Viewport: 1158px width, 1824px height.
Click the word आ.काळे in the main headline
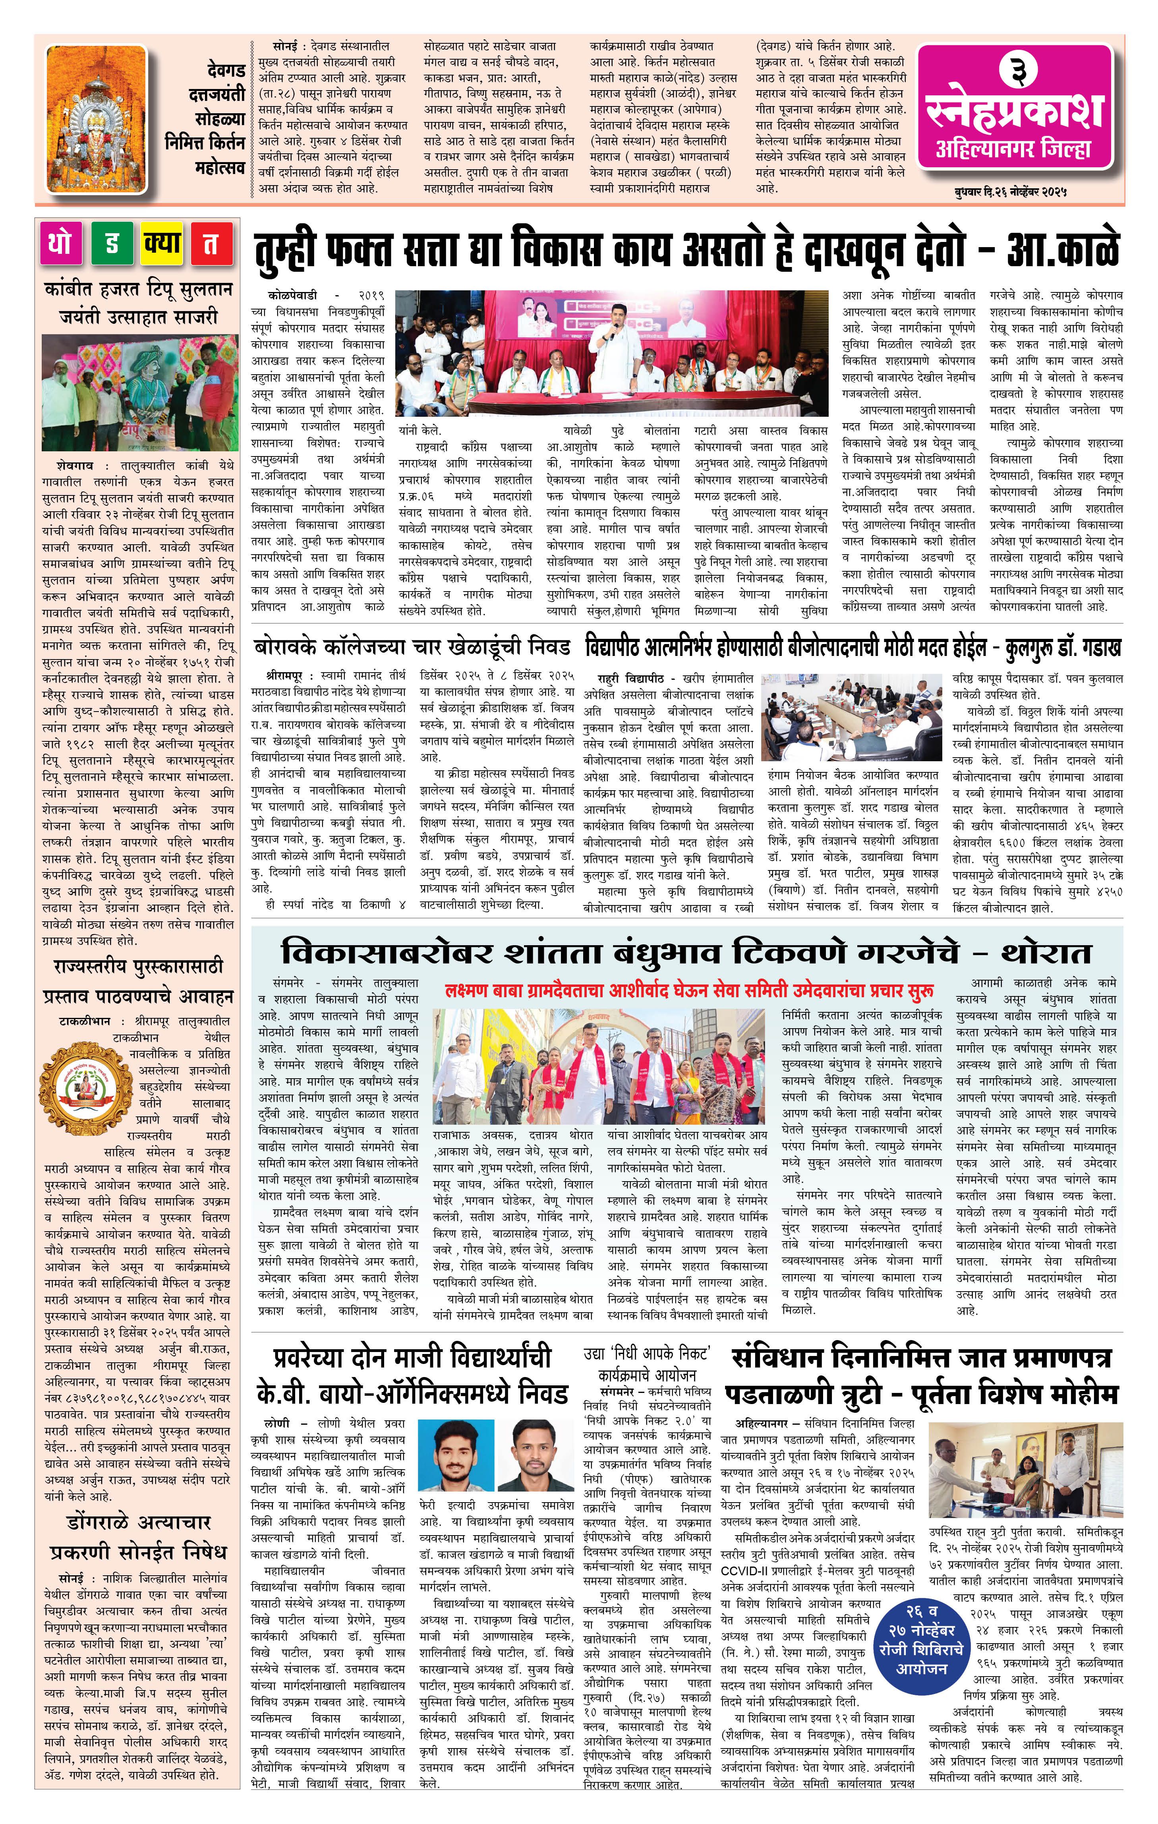click(x=1062, y=248)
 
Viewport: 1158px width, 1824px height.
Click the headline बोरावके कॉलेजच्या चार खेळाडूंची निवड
click(x=411, y=648)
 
